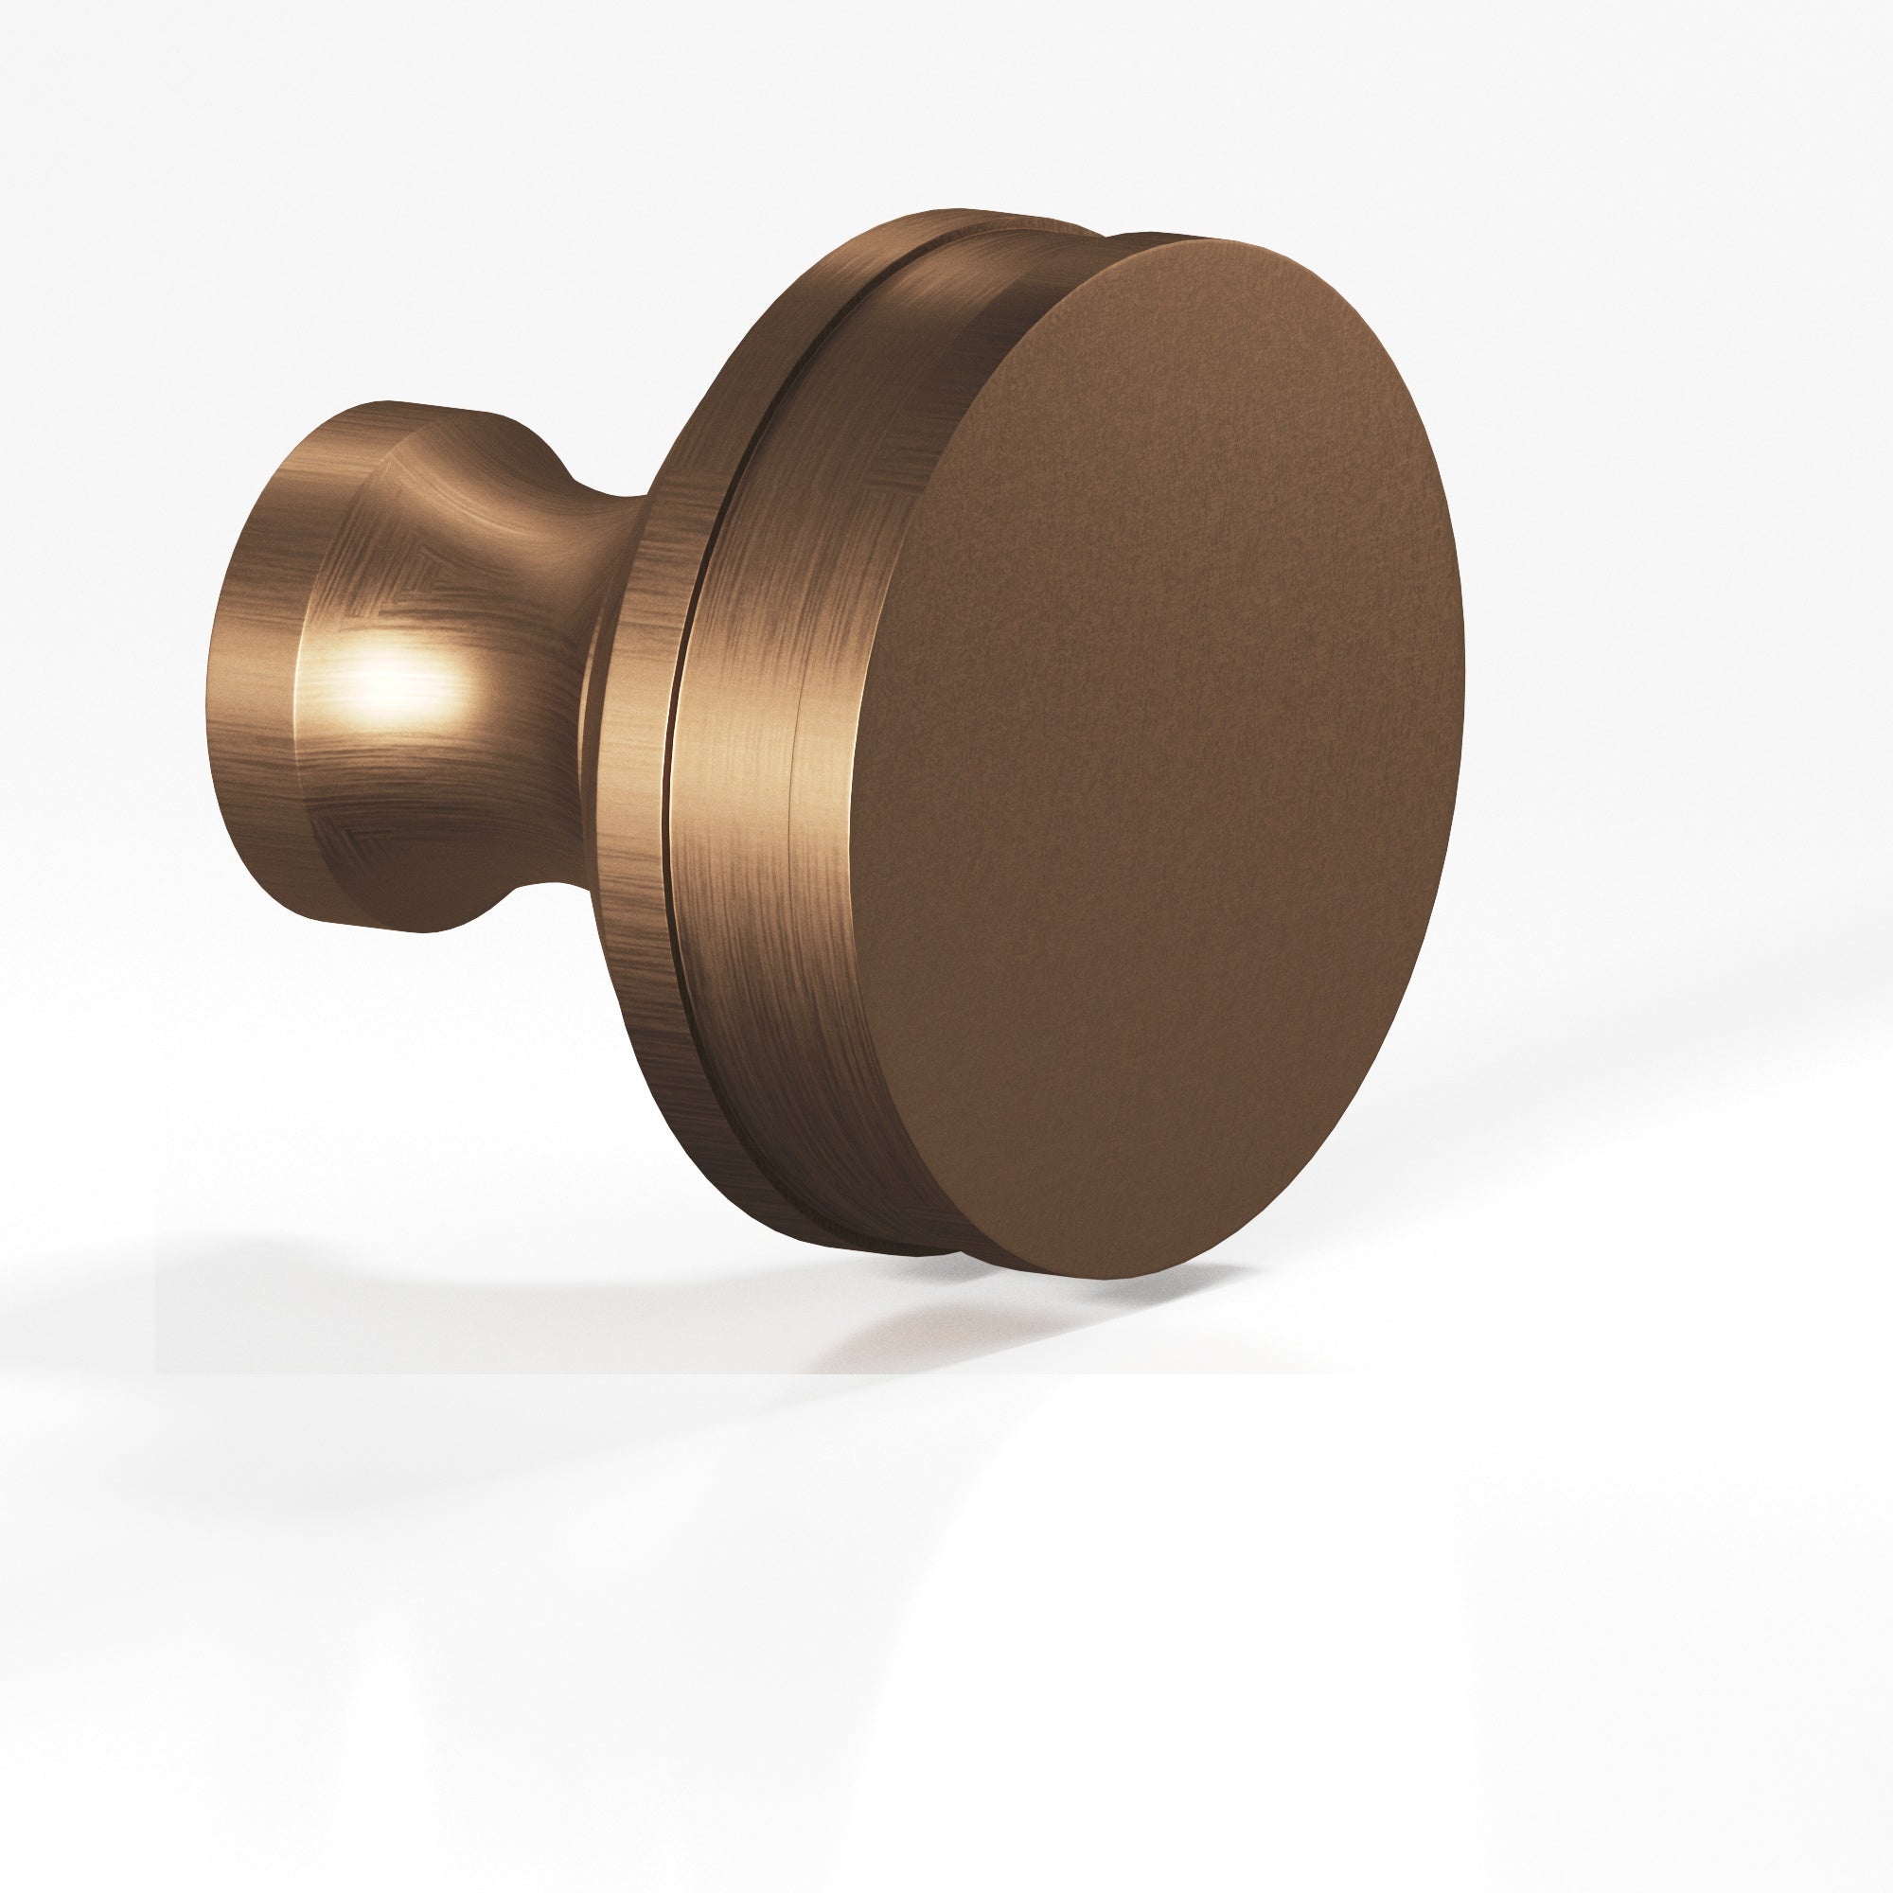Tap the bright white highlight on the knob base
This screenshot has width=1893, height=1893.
point(397,676)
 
